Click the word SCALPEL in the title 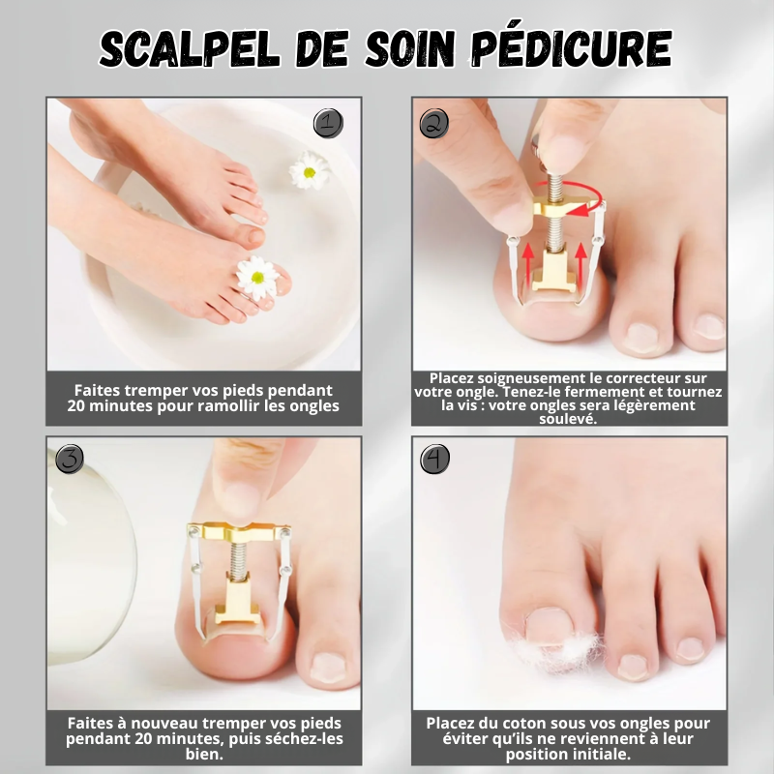(x=190, y=49)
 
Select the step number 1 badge (x=328, y=123)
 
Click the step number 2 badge (x=433, y=123)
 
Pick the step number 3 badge (x=70, y=459)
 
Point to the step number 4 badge (x=434, y=459)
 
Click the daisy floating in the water (x=309, y=170)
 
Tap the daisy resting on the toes (x=257, y=278)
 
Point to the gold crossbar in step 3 (x=239, y=531)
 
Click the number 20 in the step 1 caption (x=76, y=406)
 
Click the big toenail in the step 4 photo (x=549, y=626)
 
